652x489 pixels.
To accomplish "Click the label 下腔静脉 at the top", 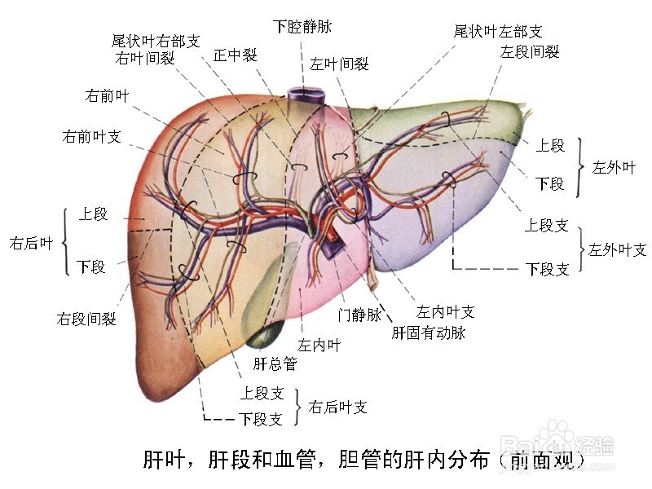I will (302, 27).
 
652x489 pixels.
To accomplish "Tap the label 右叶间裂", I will (145, 58).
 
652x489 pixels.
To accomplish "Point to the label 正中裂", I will (235, 55).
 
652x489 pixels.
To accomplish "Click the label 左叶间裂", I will (339, 64).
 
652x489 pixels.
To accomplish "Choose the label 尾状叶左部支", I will (498, 32).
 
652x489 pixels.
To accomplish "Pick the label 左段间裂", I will (530, 52).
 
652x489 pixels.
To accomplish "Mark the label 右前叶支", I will (91, 136).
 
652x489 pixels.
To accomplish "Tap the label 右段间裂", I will (86, 319).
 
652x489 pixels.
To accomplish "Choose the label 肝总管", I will (274, 363).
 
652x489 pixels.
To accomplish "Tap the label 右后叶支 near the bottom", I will (337, 407).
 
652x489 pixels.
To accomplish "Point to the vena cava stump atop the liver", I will (305, 95).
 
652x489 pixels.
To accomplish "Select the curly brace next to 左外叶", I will (580, 167).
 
